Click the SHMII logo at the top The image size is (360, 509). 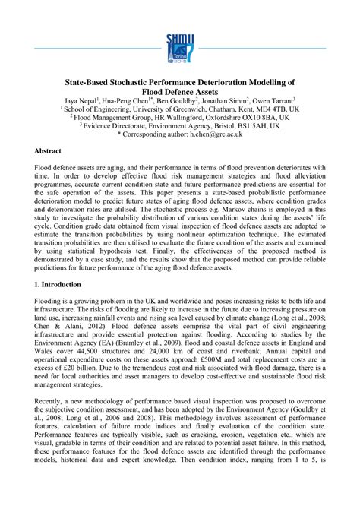(180, 49)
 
